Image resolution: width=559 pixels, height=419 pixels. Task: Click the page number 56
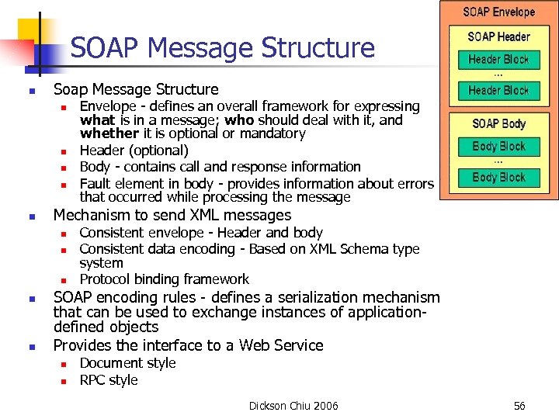pyautogui.click(x=519, y=406)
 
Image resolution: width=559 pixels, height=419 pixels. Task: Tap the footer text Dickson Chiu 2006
pyautogui.click(x=293, y=406)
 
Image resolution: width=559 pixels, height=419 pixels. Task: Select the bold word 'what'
pyautogui.click(x=97, y=120)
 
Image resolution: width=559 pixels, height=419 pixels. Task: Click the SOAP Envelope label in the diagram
pyautogui.click(x=499, y=12)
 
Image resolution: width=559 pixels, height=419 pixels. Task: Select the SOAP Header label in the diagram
pyautogui.click(x=498, y=36)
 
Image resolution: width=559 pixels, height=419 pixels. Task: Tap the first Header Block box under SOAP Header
pyautogui.click(x=498, y=59)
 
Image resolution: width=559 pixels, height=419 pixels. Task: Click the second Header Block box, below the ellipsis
pyautogui.click(x=498, y=91)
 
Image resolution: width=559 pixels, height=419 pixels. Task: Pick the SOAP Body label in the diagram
pyautogui.click(x=498, y=123)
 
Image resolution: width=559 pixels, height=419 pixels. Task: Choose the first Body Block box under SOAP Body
pyautogui.click(x=498, y=146)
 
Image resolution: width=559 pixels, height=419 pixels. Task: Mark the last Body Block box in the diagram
pyautogui.click(x=498, y=178)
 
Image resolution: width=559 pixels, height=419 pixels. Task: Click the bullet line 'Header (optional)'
pyautogui.click(x=134, y=151)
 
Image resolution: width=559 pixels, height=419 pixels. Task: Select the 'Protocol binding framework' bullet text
pyautogui.click(x=165, y=279)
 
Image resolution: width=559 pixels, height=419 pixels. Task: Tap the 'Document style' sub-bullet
pyautogui.click(x=127, y=363)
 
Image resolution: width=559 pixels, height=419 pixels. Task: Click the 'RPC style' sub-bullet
pyautogui.click(x=109, y=380)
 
